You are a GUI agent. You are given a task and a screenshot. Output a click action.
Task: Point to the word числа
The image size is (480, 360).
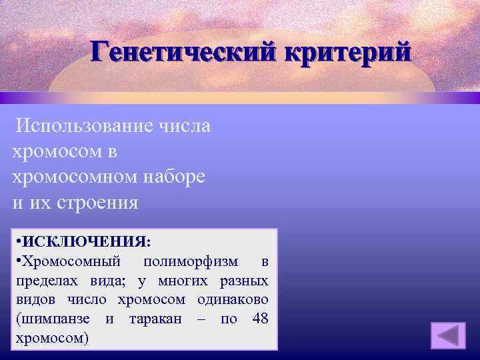[185, 125]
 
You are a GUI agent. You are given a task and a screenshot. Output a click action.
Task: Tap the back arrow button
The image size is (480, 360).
[447, 335]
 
